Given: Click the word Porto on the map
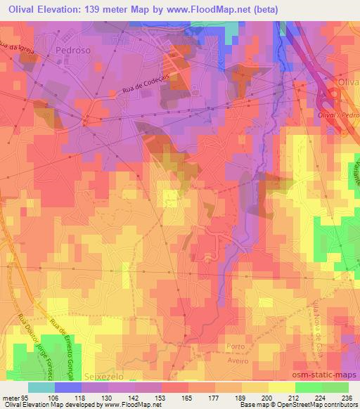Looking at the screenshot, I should pyautogui.click(x=236, y=346).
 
